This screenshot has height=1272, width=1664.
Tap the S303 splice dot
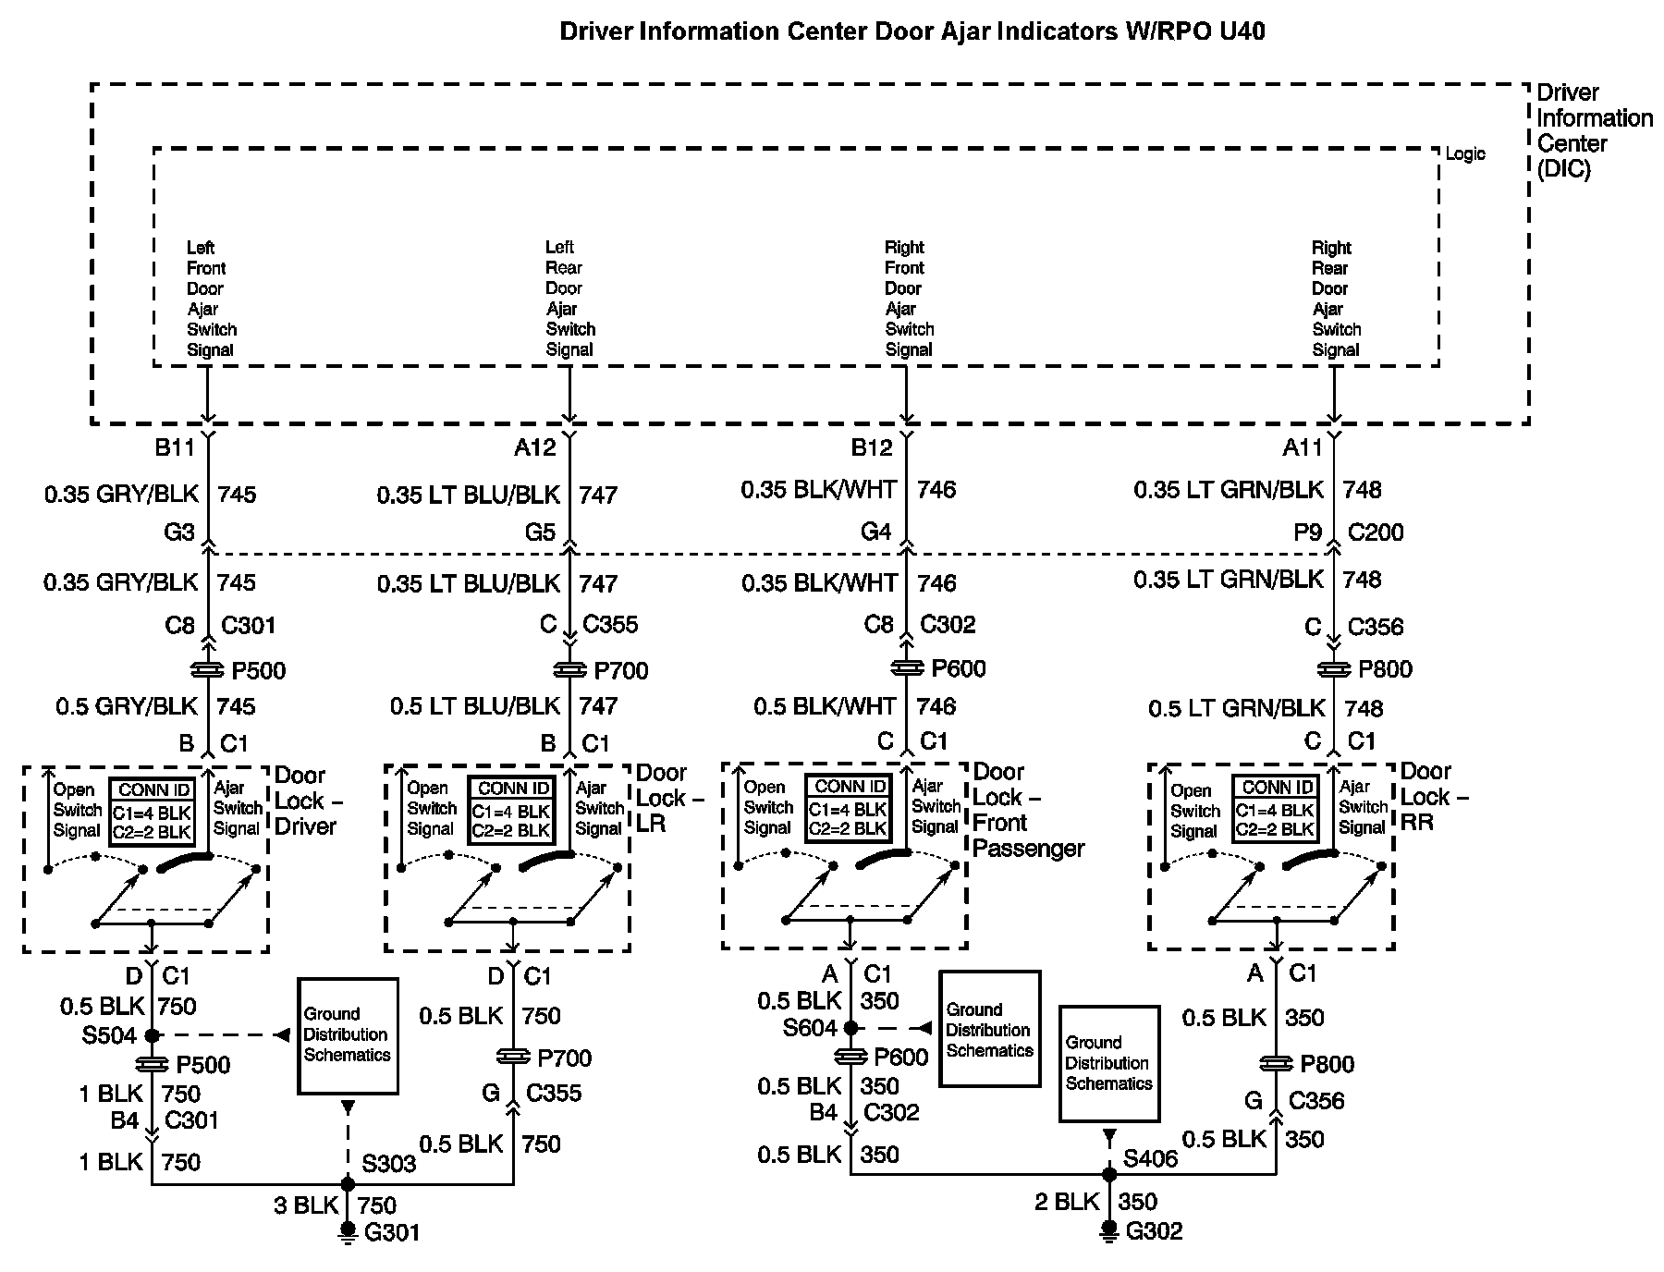348,1183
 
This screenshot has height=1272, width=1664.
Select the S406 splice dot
1109,1175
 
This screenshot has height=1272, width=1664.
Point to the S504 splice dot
153,1035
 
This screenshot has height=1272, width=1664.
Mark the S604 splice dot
850,1027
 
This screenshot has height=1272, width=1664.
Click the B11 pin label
174,448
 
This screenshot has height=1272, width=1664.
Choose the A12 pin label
535,448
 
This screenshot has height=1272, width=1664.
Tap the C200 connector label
1376,532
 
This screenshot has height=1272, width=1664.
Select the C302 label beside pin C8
948,625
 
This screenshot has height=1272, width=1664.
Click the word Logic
1465,154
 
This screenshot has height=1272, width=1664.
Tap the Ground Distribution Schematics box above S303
348,1035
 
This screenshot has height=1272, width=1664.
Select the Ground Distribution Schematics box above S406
1109,1063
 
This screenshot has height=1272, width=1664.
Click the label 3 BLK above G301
305,1205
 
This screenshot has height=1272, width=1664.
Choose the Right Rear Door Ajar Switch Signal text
1336,299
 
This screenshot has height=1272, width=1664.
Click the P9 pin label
1308,532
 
